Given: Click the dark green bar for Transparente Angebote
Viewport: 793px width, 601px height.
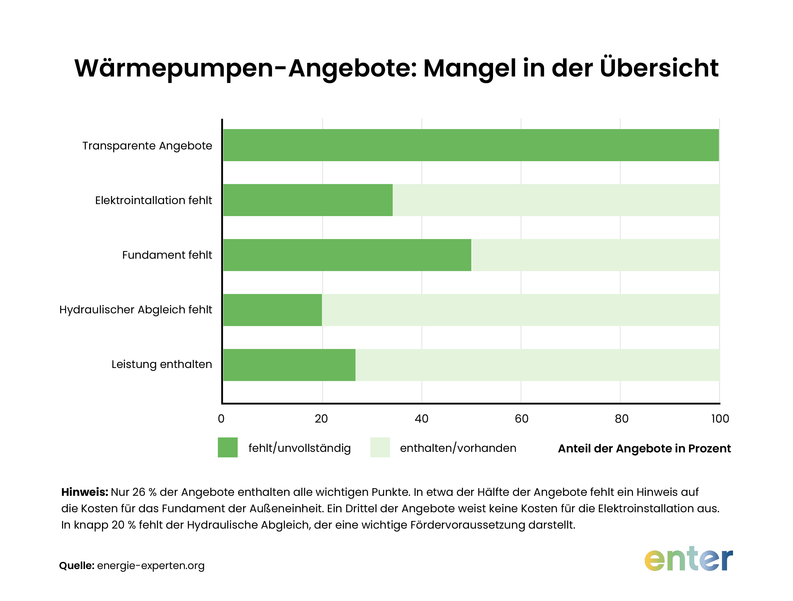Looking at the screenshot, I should coord(471,145).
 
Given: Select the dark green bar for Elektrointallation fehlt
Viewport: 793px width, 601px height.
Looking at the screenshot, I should coord(308,200).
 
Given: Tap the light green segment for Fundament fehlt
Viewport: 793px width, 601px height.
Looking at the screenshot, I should coord(595,255).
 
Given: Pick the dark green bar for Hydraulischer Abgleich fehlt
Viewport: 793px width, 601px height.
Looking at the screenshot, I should coord(272,310).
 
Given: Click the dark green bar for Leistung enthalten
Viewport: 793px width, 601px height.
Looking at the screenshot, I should coord(289,365).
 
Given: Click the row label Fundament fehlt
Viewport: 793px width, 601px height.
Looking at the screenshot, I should coord(167,255).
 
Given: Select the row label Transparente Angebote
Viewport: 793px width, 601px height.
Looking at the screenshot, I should coord(147,146).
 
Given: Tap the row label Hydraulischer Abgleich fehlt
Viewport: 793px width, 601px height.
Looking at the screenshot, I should coord(136,310).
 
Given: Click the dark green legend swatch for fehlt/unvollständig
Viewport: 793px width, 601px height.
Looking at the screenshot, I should coord(228,447).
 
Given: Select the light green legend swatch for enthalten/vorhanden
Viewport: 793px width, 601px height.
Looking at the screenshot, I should coord(380,447).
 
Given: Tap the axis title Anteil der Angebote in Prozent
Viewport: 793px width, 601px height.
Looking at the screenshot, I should coord(644,448).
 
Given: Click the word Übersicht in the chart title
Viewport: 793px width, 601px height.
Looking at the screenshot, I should coord(659,68).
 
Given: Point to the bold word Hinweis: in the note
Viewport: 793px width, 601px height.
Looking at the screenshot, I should coord(84,492).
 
